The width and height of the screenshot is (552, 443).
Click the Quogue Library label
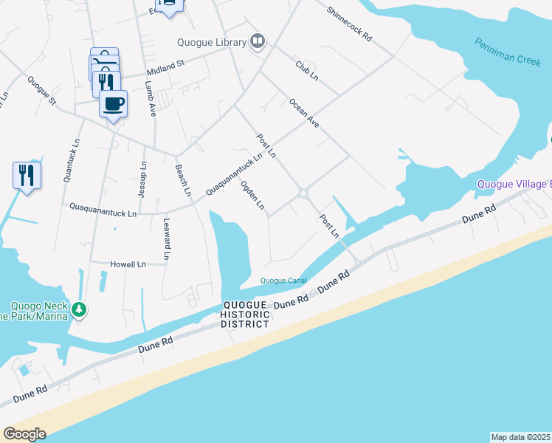tap(211, 42)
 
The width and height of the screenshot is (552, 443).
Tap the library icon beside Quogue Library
tap(258, 41)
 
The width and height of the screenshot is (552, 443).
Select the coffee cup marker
tap(113, 103)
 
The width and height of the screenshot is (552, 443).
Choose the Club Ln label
tap(306, 71)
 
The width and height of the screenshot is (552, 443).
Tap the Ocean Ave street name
tap(303, 113)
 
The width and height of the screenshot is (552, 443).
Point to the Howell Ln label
tap(128, 264)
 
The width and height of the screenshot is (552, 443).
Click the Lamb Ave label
tap(151, 100)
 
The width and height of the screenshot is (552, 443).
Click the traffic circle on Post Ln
tap(303, 193)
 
